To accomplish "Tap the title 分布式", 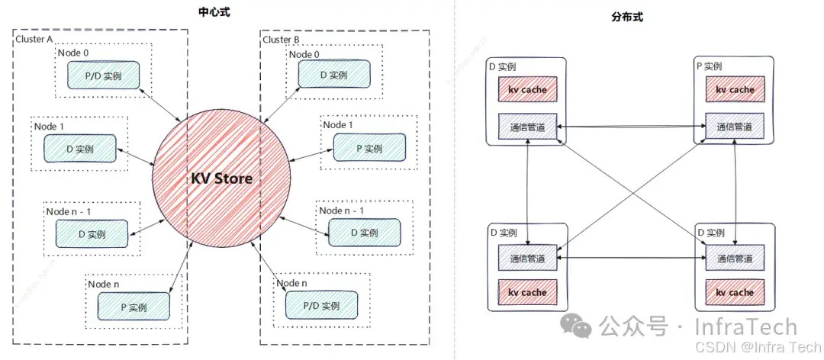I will coord(627,17).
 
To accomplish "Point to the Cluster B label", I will coord(282,40).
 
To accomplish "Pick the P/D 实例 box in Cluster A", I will coord(105,76).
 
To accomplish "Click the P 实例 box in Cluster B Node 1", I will coord(369,148).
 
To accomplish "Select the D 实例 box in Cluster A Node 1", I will coord(79,148).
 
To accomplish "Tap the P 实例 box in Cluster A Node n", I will coord(133,307).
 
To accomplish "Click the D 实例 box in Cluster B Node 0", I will coord(333,75).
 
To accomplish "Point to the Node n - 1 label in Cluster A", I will coord(72,211).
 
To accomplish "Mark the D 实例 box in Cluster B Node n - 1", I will coord(363,233).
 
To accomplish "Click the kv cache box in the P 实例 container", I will coord(734,89).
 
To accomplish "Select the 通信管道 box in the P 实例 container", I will coord(734,127).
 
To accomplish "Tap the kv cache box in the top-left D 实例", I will coord(527,89).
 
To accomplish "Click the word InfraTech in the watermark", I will coord(745,328).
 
